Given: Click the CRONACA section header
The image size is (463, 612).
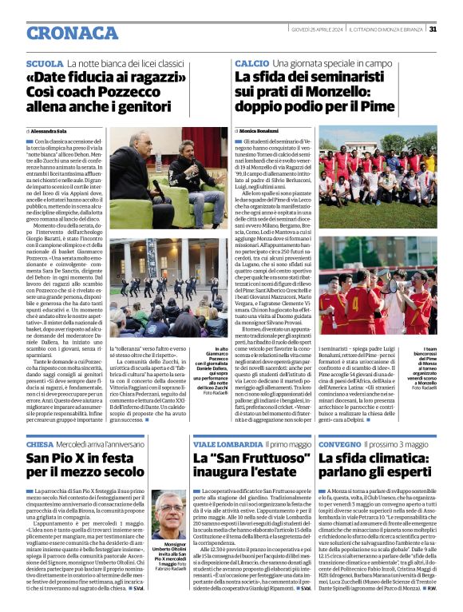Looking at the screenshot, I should coord(61,31).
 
